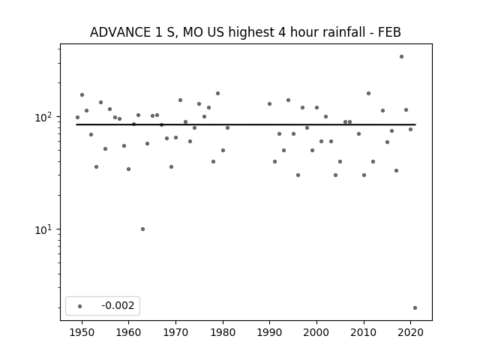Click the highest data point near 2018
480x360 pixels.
pyautogui.click(x=401, y=57)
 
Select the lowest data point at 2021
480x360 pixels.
pyautogui.click(x=415, y=308)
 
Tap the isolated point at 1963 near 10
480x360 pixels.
pyautogui.click(x=142, y=229)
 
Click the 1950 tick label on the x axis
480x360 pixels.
pyautogui.click(x=82, y=332)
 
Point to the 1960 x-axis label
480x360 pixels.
pyautogui.click(x=128, y=332)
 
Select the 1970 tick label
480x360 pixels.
pyautogui.click(x=175, y=332)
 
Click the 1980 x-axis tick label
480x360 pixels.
pyautogui.click(x=223, y=332)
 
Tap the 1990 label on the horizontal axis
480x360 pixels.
pyautogui.click(x=270, y=332)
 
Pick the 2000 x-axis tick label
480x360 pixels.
pyautogui.click(x=316, y=332)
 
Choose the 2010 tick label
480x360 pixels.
pyautogui.click(x=364, y=332)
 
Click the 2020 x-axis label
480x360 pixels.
pyautogui.click(x=411, y=332)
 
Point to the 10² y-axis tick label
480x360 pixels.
pyautogui.click(x=45, y=117)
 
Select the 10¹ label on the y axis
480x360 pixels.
pyautogui.click(x=45, y=229)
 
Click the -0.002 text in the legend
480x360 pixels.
pyautogui.click(x=118, y=305)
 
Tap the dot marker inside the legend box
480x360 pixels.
pyautogui.click(x=80, y=306)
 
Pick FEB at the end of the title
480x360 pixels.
pyautogui.click(x=389, y=32)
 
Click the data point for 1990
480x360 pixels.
pyautogui.click(x=270, y=104)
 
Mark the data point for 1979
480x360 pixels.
pyautogui.click(x=217, y=93)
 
